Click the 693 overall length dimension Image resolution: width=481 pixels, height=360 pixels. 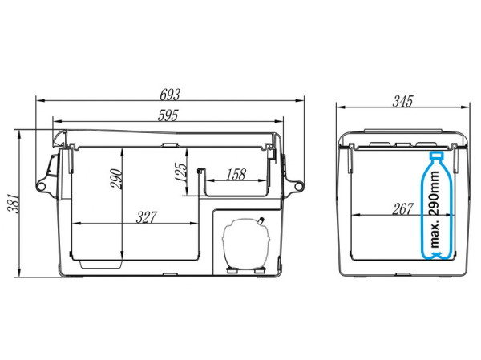point(170,95)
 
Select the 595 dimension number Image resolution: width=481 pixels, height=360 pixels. point(168,115)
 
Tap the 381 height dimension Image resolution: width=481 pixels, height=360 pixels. point(13,203)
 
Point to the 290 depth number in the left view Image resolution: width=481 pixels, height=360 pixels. point(116,179)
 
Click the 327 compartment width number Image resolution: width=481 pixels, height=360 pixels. point(147,217)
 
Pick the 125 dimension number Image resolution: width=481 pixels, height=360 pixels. point(181,172)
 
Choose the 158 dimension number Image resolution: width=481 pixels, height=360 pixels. point(236,175)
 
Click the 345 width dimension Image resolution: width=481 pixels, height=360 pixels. point(402,101)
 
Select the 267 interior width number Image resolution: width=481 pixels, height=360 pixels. point(402,209)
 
